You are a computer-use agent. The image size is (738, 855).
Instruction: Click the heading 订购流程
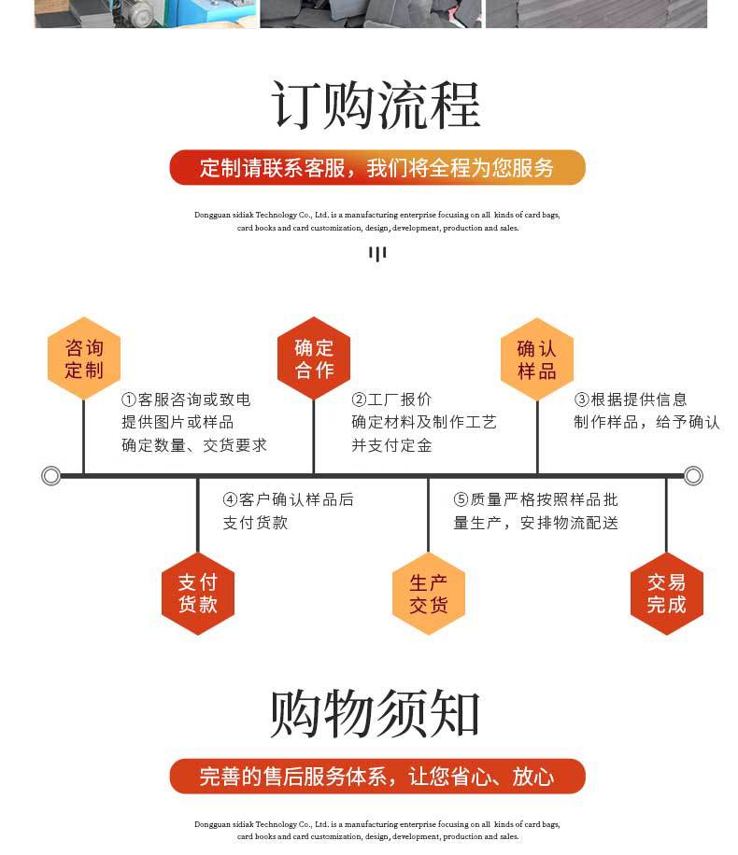376,105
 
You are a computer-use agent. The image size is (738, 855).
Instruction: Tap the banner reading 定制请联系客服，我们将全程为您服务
376,168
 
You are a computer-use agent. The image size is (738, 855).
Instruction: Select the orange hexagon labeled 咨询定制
84,359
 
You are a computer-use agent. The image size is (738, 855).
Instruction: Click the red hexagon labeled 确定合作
314,359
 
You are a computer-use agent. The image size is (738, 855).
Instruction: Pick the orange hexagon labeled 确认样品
537,359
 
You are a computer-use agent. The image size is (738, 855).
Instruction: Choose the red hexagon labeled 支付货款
197,594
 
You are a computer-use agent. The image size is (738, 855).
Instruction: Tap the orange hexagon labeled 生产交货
428,594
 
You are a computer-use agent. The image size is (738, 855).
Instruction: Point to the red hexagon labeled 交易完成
666,594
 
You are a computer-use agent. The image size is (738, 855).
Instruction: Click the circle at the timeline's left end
51,476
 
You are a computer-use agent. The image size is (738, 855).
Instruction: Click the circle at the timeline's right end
693,476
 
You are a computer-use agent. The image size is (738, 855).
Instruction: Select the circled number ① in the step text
129,399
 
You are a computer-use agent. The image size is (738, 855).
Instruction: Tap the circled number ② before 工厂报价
359,399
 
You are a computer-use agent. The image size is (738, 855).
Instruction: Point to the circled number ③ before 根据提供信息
581,399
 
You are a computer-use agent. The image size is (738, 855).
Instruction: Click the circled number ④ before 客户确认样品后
230,500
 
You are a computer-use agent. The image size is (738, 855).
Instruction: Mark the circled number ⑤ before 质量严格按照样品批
461,500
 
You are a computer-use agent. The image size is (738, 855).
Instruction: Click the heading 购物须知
376,715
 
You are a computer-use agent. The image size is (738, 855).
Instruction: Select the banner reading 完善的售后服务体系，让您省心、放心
376,777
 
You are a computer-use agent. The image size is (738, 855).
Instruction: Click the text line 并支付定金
391,446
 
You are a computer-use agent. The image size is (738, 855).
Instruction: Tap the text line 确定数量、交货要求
194,446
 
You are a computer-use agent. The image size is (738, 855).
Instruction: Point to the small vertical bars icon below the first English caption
376,253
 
